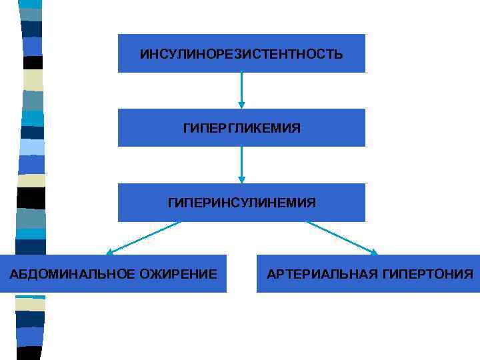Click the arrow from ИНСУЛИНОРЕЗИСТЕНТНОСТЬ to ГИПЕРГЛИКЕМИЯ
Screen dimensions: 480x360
click(241, 89)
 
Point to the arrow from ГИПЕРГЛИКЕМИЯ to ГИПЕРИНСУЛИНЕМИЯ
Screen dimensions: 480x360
click(241, 164)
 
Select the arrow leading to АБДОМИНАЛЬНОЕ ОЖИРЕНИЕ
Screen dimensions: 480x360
click(143, 238)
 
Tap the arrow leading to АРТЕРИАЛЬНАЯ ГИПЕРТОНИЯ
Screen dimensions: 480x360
click(341, 238)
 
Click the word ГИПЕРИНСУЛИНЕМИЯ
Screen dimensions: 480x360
click(241, 202)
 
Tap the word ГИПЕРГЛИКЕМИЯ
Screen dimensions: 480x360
click(241, 127)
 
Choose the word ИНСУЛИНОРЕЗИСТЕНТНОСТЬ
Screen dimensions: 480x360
click(241, 53)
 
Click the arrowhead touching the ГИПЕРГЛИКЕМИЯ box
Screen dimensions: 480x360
click(241, 105)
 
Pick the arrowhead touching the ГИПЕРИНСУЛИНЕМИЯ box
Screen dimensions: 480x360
click(241, 179)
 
